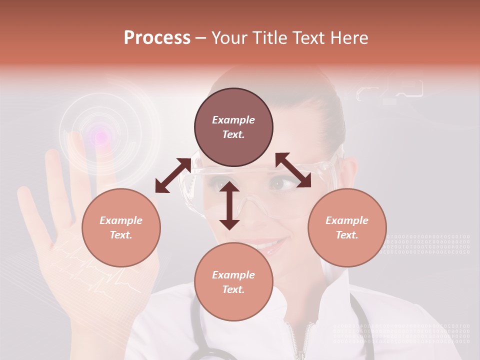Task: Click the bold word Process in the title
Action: pyautogui.click(x=157, y=38)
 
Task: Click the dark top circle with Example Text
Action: pyautogui.click(x=233, y=127)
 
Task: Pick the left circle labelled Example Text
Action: pyautogui.click(x=121, y=227)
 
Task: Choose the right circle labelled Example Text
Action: pyautogui.click(x=347, y=227)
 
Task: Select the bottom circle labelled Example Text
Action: pyautogui.click(x=233, y=282)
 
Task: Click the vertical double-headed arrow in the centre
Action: pyautogui.click(x=229, y=205)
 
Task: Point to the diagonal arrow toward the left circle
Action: pyautogui.click(x=173, y=175)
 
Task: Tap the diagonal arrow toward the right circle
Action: pyautogui.click(x=293, y=170)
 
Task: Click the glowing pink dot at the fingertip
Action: pyautogui.click(x=100, y=135)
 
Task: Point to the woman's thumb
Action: pyautogui.click(x=30, y=210)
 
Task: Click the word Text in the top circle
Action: pyautogui.click(x=233, y=134)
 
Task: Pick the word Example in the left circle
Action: pyautogui.click(x=121, y=220)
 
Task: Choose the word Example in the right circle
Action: pyautogui.click(x=347, y=220)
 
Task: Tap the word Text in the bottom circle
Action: pyautogui.click(x=233, y=289)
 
